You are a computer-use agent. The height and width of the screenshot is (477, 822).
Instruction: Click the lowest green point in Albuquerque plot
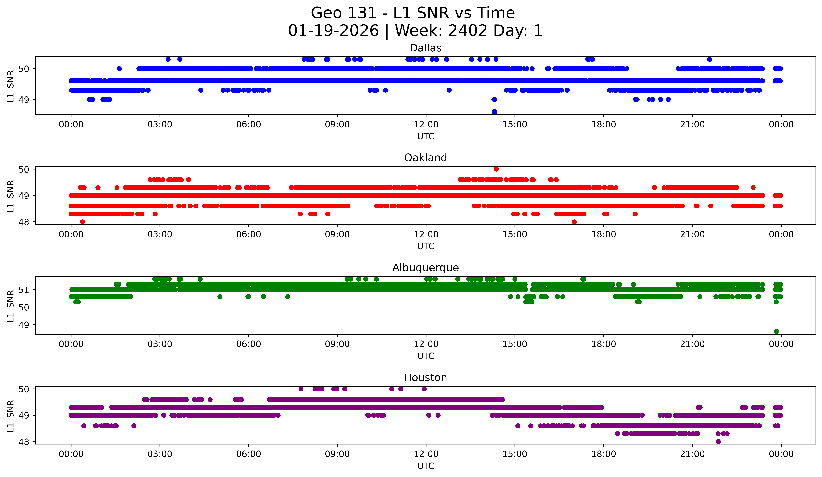pyautogui.click(x=776, y=332)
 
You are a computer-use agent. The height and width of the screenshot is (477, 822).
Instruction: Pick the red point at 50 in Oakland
pyautogui.click(x=496, y=169)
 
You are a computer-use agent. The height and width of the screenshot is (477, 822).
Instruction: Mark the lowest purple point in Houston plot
pyautogui.click(x=718, y=441)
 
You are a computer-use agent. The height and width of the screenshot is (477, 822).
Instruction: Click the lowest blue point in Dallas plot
pyautogui.click(x=494, y=112)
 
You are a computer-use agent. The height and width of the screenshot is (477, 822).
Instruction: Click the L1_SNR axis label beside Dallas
pyautogui.click(x=10, y=86)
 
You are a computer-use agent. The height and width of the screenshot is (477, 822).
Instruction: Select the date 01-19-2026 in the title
pyautogui.click(x=333, y=31)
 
